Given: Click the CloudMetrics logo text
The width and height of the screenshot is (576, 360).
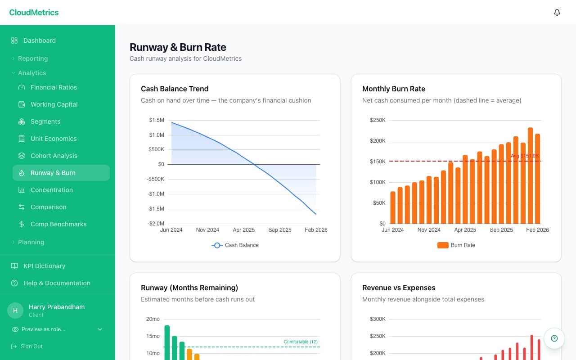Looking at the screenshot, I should pyautogui.click(x=34, y=13).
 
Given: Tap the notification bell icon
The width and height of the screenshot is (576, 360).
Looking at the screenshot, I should pyautogui.click(x=557, y=13).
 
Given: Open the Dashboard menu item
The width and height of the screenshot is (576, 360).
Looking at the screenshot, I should pyautogui.click(x=40, y=40).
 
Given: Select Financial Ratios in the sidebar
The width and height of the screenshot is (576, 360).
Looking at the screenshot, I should pyautogui.click(x=54, y=87).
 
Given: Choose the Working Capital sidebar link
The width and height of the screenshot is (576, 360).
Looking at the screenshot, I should pyautogui.click(x=54, y=104).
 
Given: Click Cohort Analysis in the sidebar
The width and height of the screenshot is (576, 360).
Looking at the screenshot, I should pyautogui.click(x=54, y=156).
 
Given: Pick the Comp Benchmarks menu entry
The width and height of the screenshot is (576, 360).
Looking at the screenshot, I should pyautogui.click(x=58, y=224).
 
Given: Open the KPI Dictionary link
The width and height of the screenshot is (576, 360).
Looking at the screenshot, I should pyautogui.click(x=44, y=266).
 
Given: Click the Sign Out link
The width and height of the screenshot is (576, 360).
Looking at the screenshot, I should pyautogui.click(x=31, y=346).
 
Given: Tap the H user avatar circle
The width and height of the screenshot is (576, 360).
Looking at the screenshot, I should pyautogui.click(x=15, y=310).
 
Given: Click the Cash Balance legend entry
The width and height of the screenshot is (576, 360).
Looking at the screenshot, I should pyautogui.click(x=235, y=245).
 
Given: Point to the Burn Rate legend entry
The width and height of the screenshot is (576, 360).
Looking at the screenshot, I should pyautogui.click(x=456, y=245).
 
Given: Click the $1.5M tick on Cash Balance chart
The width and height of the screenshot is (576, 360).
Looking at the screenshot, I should pyautogui.click(x=157, y=120).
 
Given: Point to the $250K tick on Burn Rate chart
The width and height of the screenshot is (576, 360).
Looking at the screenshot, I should pyautogui.click(x=378, y=120).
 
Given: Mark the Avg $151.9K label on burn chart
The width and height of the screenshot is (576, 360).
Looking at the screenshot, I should pyautogui.click(x=524, y=156).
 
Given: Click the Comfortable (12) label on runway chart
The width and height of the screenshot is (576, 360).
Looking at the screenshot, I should pyautogui.click(x=301, y=342).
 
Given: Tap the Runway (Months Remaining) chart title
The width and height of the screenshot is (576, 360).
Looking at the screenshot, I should pyautogui.click(x=189, y=288).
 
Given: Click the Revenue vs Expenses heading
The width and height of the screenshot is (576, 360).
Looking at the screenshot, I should pyautogui.click(x=399, y=288).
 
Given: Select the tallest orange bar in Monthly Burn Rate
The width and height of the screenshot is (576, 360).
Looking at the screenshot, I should pyautogui.click(x=530, y=175).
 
